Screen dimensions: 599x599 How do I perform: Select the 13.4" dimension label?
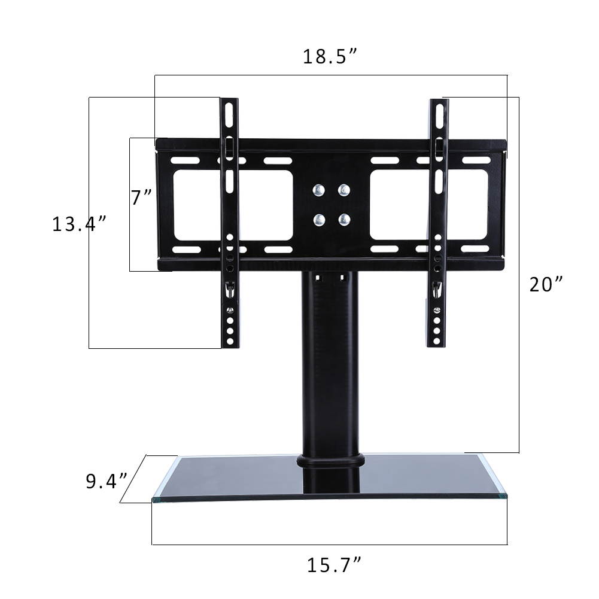tap(79, 224)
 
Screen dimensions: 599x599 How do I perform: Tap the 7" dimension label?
tap(142, 197)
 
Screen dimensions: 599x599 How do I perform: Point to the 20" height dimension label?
tap(546, 284)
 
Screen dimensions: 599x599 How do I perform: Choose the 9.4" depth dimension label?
tap(106, 481)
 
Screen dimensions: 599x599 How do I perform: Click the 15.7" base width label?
tap(335, 564)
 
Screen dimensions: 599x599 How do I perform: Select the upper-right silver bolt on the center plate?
tap(343, 190)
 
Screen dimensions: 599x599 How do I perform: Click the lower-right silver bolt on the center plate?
tap(343, 219)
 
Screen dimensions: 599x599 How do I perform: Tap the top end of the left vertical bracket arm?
tap(229, 103)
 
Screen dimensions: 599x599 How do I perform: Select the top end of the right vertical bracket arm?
tap(439, 104)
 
